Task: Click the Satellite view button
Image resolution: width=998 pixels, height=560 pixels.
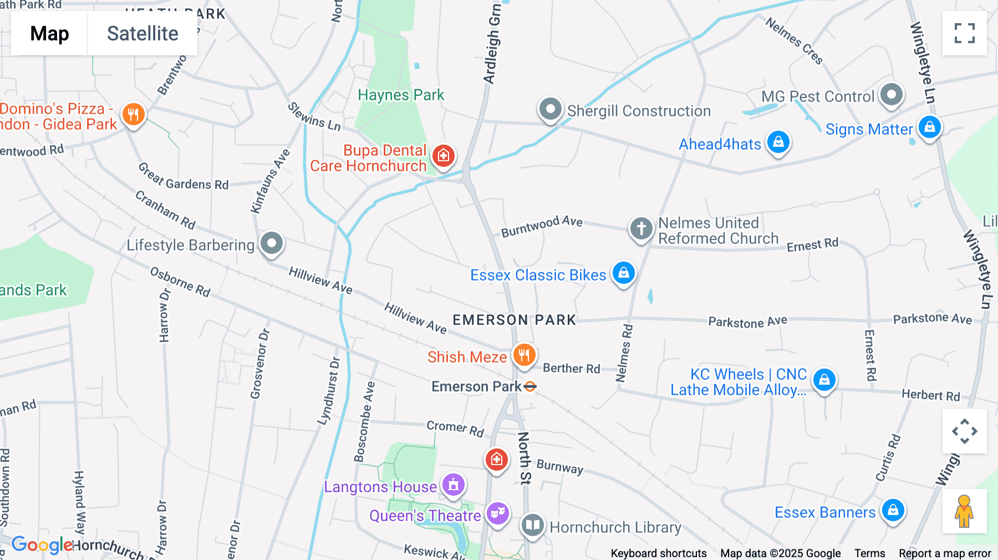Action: (142, 33)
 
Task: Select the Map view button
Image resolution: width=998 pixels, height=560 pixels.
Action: (49, 33)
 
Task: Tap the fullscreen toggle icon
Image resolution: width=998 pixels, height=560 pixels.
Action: (964, 33)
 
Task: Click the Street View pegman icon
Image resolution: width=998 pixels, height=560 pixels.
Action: (964, 511)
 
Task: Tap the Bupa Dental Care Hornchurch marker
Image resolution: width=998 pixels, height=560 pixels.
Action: (444, 156)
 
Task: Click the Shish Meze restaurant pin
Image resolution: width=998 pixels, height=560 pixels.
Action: (524, 355)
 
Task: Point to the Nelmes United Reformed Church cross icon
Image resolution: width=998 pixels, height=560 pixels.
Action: (641, 228)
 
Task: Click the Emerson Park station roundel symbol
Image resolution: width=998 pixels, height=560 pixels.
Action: (530, 386)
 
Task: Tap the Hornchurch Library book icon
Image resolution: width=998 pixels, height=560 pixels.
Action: (533, 525)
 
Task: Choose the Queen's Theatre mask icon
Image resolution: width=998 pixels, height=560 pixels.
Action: (498, 513)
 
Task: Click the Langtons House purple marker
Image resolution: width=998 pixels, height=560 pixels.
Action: (454, 485)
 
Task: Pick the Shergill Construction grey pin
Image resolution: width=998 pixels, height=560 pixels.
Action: (551, 109)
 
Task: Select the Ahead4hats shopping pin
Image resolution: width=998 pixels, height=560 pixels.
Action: (778, 142)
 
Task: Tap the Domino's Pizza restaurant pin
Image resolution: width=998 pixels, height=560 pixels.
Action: (133, 115)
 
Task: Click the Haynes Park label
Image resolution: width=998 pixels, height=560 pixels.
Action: (401, 95)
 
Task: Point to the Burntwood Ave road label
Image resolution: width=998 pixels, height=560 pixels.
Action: (542, 226)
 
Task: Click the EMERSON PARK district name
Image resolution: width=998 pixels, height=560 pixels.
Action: (515, 320)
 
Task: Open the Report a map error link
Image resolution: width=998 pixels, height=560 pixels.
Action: (945, 553)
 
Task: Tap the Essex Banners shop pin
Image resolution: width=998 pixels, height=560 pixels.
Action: (893, 510)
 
